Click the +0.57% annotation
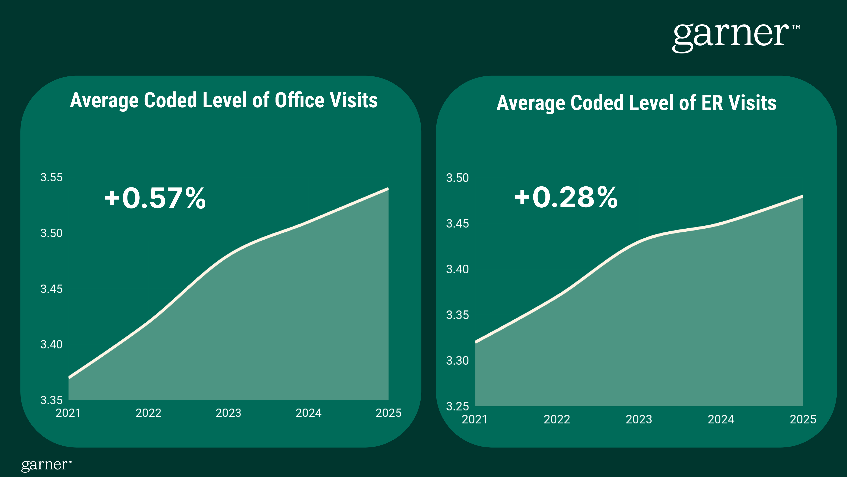[x=155, y=198]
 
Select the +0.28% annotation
[x=566, y=197]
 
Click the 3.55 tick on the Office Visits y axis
[x=51, y=177]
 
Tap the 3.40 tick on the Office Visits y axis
[x=51, y=344]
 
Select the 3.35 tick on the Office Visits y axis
[x=51, y=400]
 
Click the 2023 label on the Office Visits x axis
[x=228, y=413]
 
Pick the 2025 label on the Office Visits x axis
[x=388, y=413]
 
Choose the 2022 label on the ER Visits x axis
[x=557, y=419]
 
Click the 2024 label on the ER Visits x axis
[x=721, y=419]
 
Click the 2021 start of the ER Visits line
[x=476, y=342]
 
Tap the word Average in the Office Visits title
[x=104, y=100]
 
